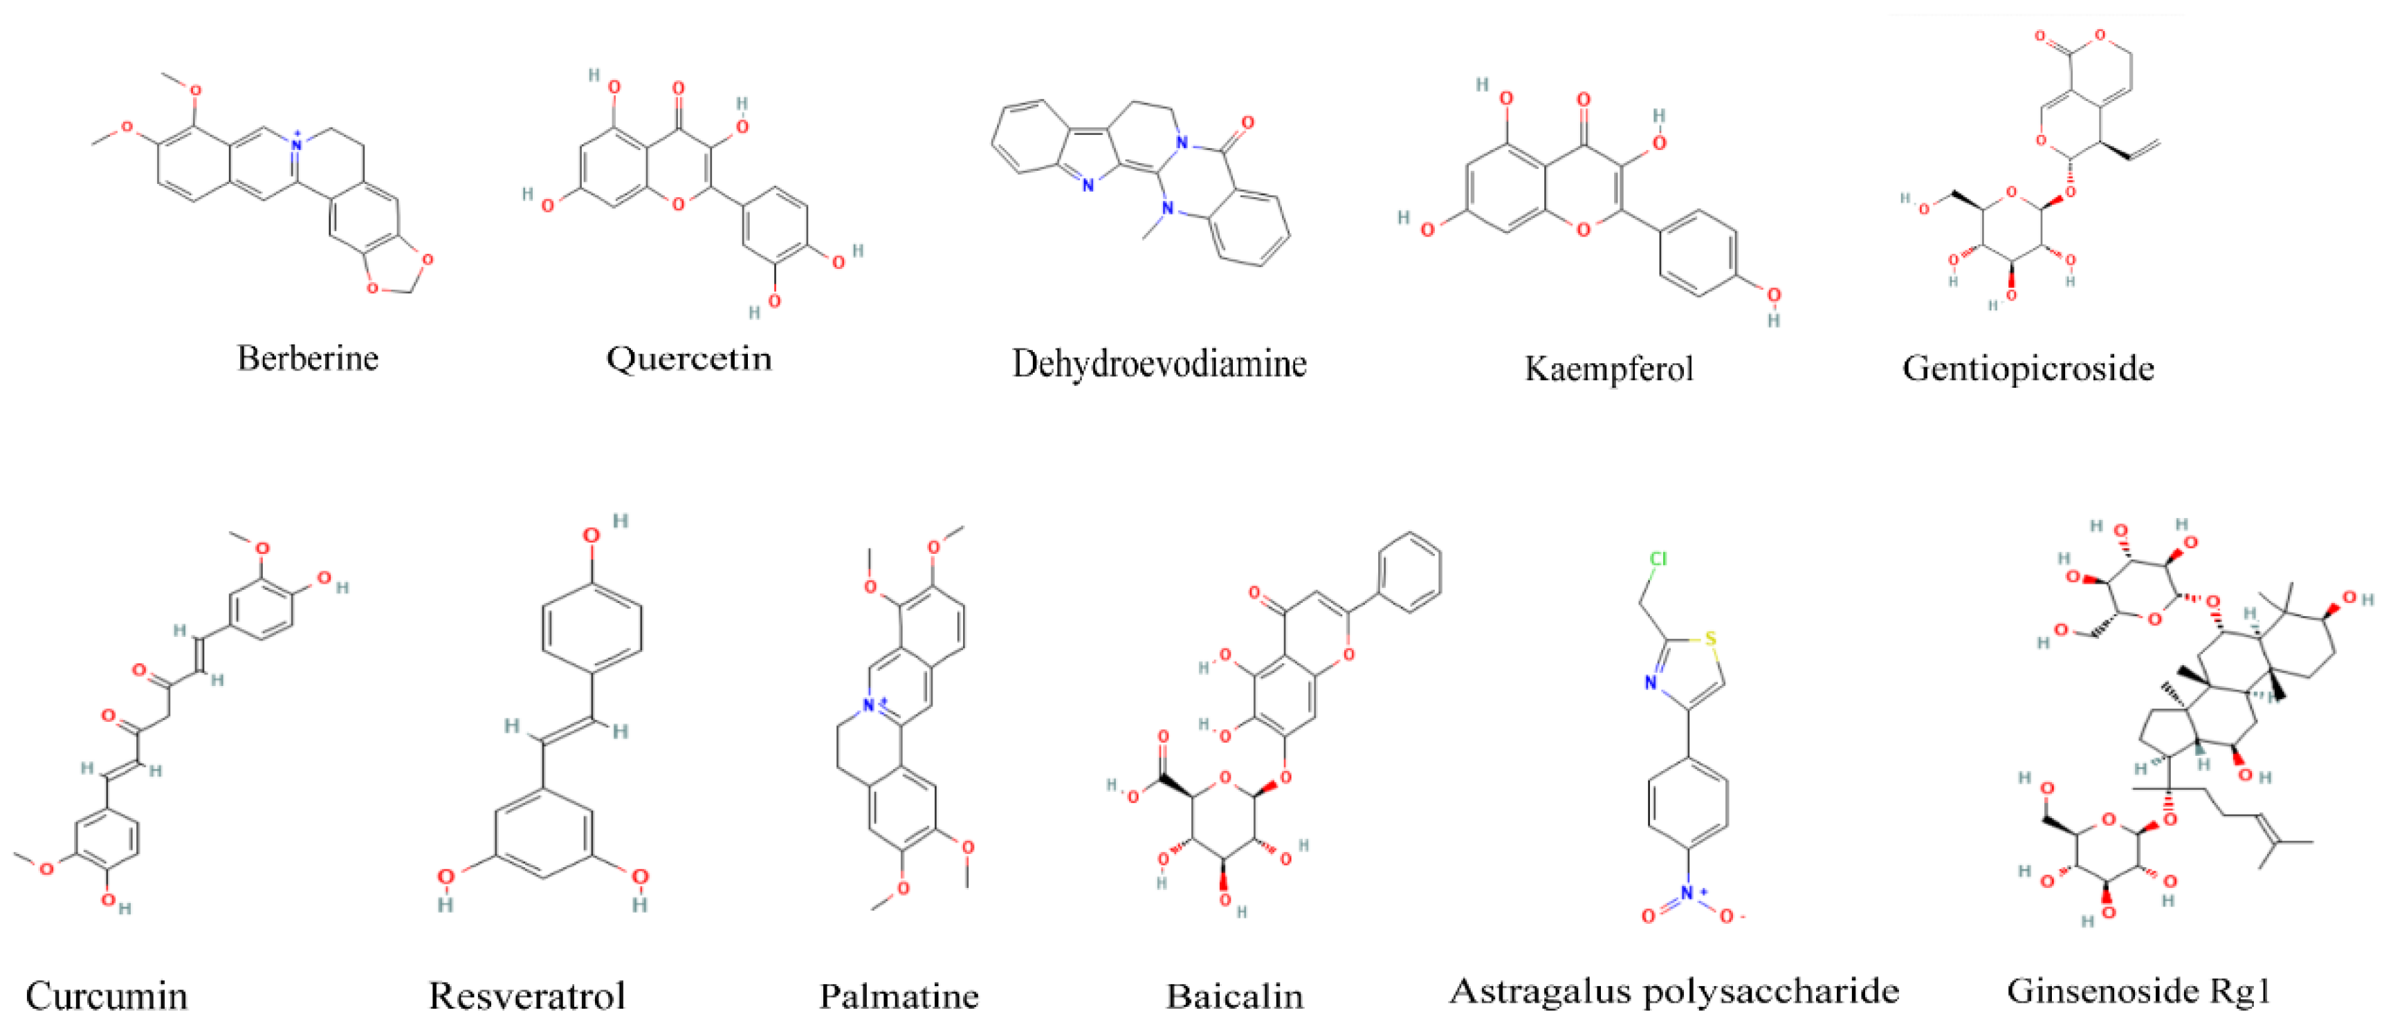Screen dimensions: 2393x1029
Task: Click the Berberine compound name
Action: [x=307, y=358]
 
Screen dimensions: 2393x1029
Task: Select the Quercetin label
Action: [x=688, y=358]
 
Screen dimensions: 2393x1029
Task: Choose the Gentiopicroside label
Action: [x=2027, y=369]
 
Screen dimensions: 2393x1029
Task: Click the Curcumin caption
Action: [x=106, y=996]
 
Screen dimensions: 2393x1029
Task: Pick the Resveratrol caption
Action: [x=526, y=996]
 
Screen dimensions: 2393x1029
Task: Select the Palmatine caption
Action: [x=898, y=996]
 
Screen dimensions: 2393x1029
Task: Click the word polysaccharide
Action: [x=1772, y=991]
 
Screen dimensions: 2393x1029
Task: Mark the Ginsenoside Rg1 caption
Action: [x=2138, y=991]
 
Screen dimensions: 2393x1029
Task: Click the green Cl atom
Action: [x=1658, y=559]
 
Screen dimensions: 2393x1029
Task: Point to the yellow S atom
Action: [x=1710, y=639]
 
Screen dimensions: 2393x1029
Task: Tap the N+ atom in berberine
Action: [x=296, y=144]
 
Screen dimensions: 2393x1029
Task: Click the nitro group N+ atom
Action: [x=1688, y=894]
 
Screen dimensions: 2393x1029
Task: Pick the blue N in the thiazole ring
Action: [x=1650, y=683]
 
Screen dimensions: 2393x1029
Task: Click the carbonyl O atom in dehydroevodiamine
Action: [x=1247, y=122]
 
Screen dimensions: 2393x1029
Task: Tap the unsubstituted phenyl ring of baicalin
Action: [x=1410, y=572]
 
